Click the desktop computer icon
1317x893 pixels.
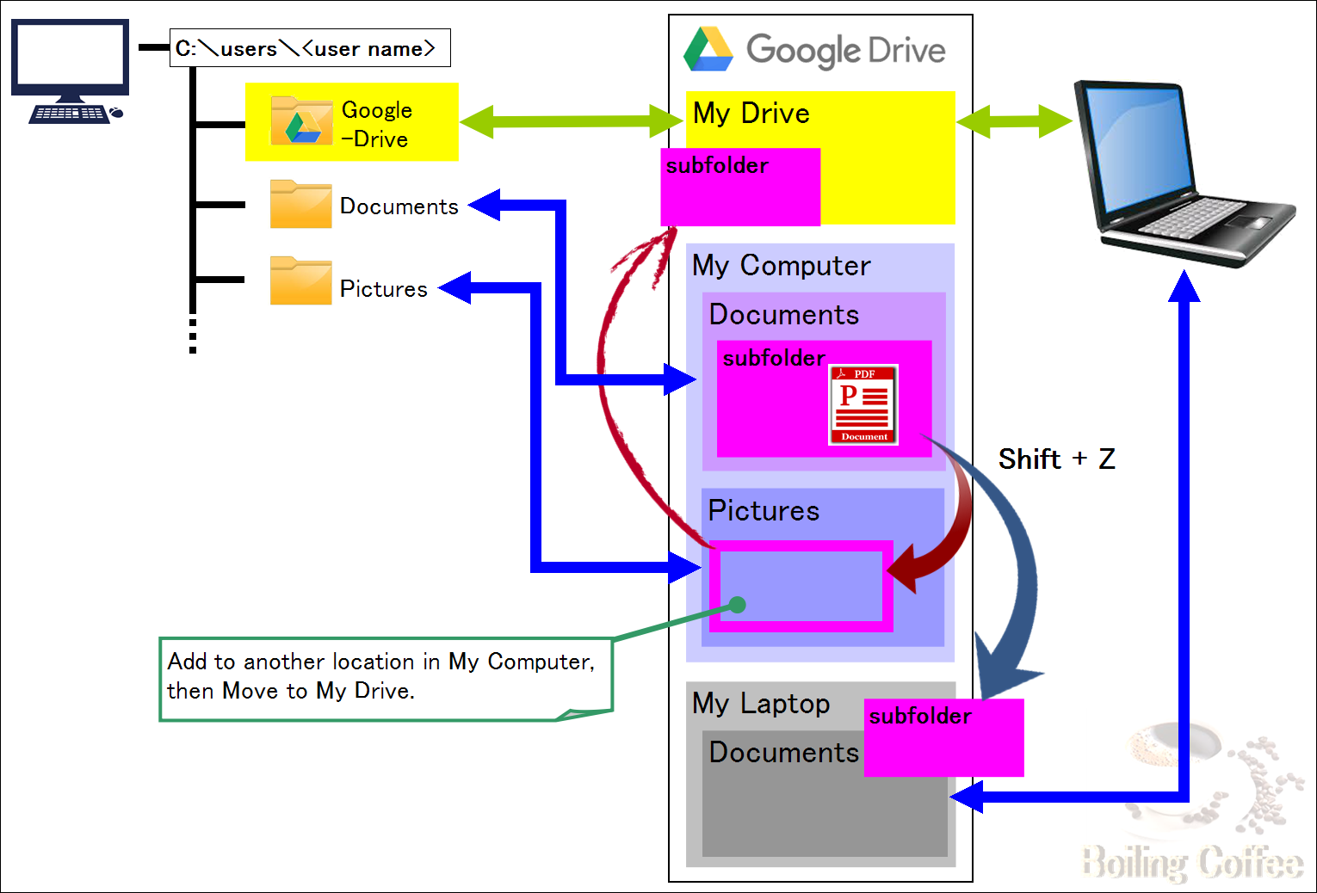[70, 71]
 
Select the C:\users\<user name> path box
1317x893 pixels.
[310, 47]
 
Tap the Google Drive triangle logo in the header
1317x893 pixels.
[708, 49]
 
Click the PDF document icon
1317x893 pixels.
[863, 404]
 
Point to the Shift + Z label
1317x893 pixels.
[1056, 459]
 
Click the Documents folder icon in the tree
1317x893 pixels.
[300, 204]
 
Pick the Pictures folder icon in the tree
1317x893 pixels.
[300, 280]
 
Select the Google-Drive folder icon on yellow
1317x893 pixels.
[301, 120]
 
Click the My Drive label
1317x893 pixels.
[751, 114]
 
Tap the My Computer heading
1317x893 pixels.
[781, 266]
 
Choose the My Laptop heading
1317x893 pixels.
[761, 704]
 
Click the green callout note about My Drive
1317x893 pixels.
[386, 679]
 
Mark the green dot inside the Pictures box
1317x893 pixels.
[738, 605]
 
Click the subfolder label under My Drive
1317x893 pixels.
[717, 166]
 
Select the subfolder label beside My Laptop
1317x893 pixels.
[920, 716]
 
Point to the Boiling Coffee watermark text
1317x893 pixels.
[1192, 863]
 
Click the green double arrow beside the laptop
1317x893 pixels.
[1015, 121]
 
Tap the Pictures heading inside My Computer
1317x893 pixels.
[764, 510]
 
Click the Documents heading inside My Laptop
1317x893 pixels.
[783, 753]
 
